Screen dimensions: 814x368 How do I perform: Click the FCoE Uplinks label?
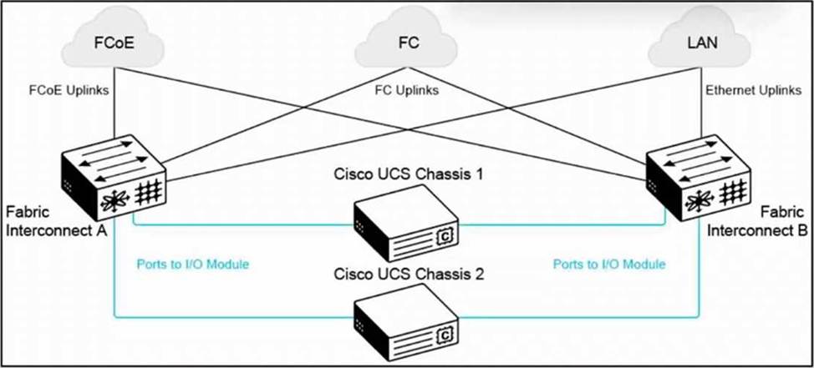[x=69, y=90]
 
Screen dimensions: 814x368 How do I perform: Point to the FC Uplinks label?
[x=406, y=91]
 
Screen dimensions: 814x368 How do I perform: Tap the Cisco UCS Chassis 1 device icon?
[x=406, y=223]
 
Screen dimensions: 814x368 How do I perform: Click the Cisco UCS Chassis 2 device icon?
[x=406, y=324]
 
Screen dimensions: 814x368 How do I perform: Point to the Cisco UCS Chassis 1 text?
[x=409, y=174]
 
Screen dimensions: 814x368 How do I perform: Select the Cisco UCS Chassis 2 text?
[x=409, y=274]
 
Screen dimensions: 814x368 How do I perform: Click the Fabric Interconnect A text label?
[x=56, y=221]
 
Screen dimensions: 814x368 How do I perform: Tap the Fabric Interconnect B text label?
[x=757, y=221]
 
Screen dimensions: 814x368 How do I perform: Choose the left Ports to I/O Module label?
[x=193, y=265]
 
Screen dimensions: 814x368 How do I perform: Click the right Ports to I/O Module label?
[x=609, y=265]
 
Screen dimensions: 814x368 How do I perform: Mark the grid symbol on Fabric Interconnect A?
[x=148, y=194]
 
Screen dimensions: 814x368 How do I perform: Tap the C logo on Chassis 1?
[x=445, y=236]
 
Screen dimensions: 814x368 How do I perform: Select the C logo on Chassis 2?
[x=445, y=336]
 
